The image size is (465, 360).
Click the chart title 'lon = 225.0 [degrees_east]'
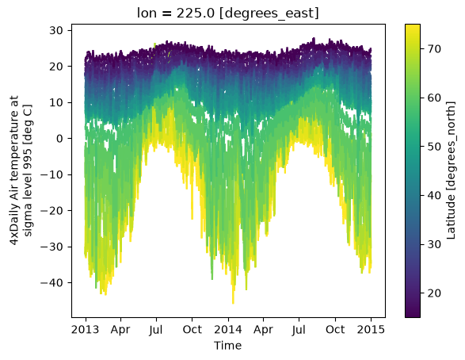(228, 13)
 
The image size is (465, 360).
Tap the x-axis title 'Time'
(228, 346)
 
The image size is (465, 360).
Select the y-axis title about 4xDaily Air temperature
(21, 170)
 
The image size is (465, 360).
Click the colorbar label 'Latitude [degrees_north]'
(451, 170)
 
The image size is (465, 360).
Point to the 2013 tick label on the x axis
(85, 329)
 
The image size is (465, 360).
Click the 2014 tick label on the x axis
(228, 329)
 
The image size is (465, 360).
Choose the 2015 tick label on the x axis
(371, 329)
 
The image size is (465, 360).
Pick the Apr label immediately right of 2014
(263, 330)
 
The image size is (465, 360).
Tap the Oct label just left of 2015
(335, 329)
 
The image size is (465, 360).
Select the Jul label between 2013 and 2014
(156, 330)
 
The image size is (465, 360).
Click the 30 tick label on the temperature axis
(56, 30)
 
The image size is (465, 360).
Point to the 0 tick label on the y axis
(60, 139)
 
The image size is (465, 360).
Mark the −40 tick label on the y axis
(52, 283)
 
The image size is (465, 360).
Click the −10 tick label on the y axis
(52, 174)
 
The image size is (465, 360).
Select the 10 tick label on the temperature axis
(56, 102)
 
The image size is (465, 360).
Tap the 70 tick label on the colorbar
(434, 48)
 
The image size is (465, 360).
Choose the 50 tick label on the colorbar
(434, 147)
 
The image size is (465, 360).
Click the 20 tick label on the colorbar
(434, 293)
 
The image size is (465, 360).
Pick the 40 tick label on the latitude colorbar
(434, 196)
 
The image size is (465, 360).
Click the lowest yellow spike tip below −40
(233, 304)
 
